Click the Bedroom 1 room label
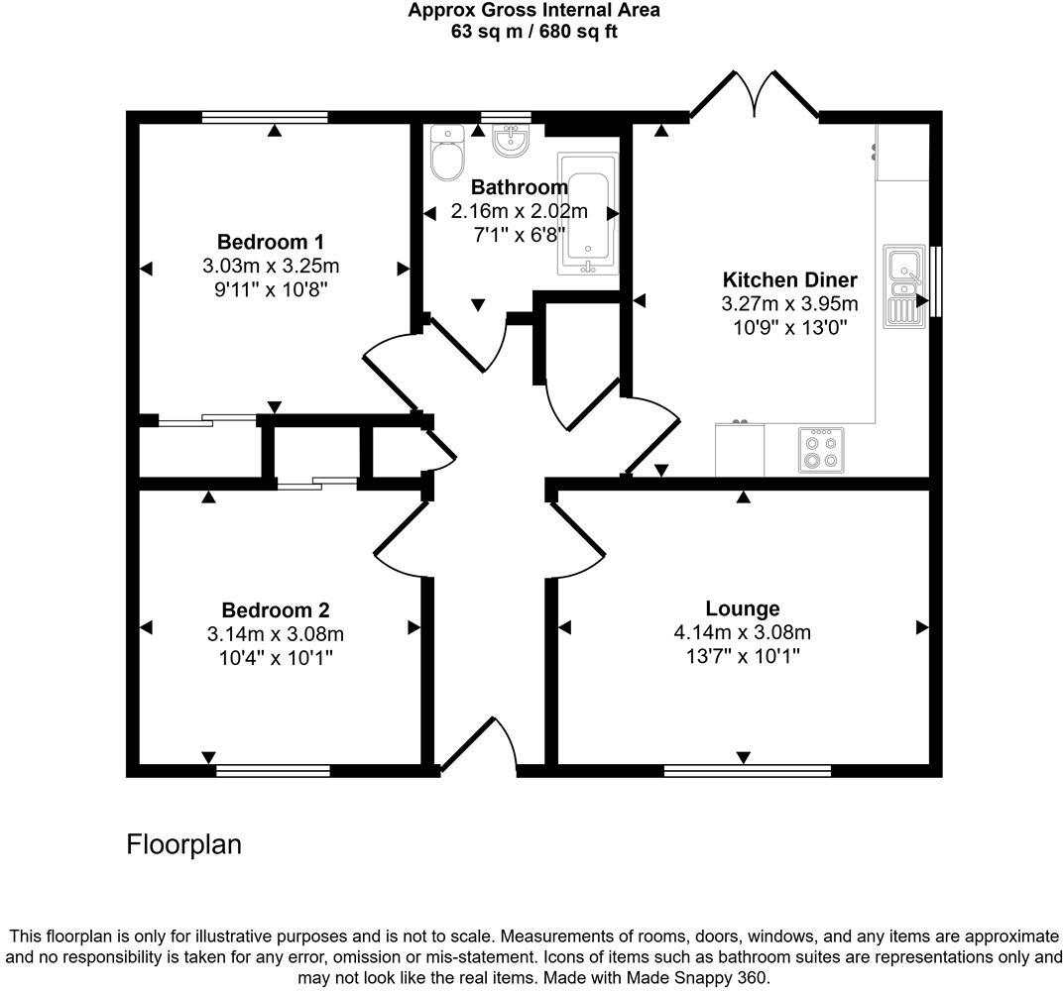[x=271, y=242]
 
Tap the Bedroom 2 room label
[x=275, y=610]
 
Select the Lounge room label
[x=742, y=608]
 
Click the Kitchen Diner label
[x=789, y=279]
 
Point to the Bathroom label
[x=519, y=187]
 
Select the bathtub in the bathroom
[x=588, y=213]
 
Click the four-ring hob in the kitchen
[x=821, y=450]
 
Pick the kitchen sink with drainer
[x=904, y=284]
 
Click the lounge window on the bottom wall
[x=748, y=770]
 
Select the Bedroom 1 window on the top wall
[x=264, y=117]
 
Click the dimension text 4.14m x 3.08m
[x=742, y=633]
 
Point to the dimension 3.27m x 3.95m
[x=789, y=304]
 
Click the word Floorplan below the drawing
[x=184, y=844]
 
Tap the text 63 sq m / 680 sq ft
[x=533, y=31]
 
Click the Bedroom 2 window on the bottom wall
[x=273, y=770]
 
